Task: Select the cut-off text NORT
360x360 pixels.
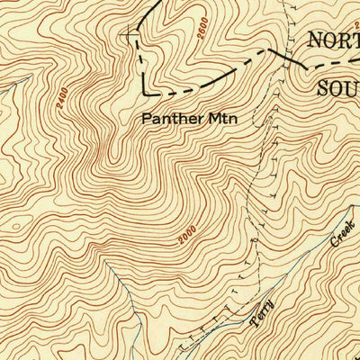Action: pos(334,40)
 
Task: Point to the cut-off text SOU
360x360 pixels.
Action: pos(338,87)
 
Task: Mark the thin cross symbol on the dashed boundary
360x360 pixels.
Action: pos(134,36)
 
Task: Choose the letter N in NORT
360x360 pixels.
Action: pos(316,40)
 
